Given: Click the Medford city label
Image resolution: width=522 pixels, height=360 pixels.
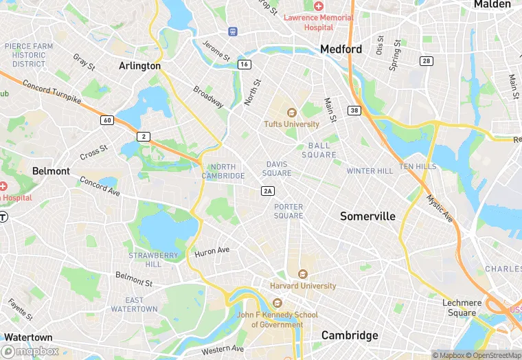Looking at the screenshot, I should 341,49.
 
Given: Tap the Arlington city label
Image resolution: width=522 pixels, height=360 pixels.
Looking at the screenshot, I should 139,66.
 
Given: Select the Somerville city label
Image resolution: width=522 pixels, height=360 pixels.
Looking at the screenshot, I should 368,216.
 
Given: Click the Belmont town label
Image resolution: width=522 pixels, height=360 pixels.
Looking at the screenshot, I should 51,170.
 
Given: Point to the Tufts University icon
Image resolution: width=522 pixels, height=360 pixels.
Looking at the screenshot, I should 291,113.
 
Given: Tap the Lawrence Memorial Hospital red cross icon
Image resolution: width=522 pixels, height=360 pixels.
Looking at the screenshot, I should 319,5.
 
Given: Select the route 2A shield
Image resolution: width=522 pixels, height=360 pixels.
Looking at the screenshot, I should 268,191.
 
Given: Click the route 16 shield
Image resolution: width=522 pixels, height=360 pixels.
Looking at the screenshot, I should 244,64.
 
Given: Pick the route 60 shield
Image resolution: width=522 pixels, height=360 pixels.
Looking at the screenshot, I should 106,120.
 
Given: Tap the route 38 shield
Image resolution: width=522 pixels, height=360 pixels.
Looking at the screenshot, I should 354,110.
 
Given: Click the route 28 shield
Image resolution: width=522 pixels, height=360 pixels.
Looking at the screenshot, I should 427,61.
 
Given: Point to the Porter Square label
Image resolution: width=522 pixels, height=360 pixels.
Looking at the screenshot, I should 288,211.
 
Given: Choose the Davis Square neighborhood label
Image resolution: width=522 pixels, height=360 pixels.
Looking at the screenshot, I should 278,168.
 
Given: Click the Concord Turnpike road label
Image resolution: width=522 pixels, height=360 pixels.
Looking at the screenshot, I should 52,93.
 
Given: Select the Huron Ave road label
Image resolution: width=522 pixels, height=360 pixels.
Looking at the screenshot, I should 212,251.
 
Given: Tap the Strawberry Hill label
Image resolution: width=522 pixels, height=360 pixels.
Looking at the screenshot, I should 153,260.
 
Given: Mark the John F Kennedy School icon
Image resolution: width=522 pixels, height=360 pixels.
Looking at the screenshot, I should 277,303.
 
